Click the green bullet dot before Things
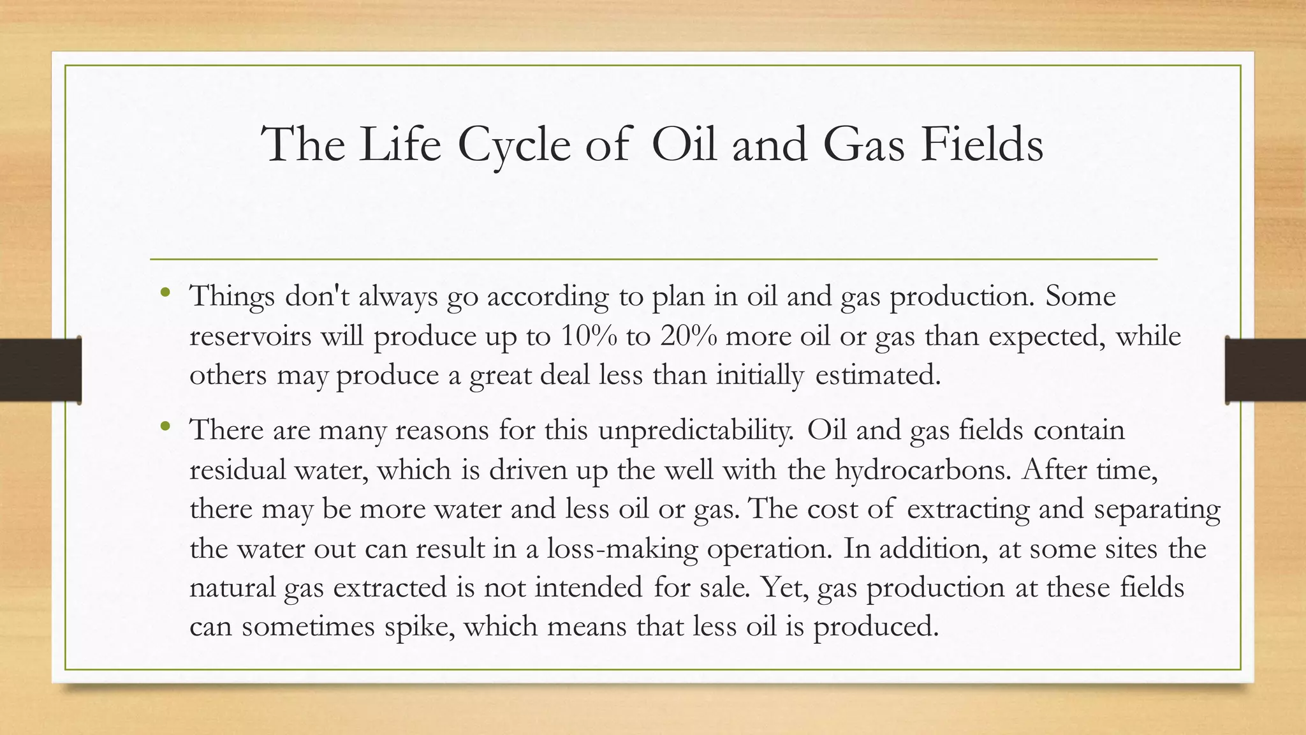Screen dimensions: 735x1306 point(166,294)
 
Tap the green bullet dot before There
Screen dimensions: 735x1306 point(166,426)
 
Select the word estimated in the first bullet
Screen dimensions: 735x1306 point(877,375)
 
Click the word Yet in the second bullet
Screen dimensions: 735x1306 point(784,588)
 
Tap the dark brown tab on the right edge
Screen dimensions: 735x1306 point(1265,370)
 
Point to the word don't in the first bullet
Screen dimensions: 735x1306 point(317,296)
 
